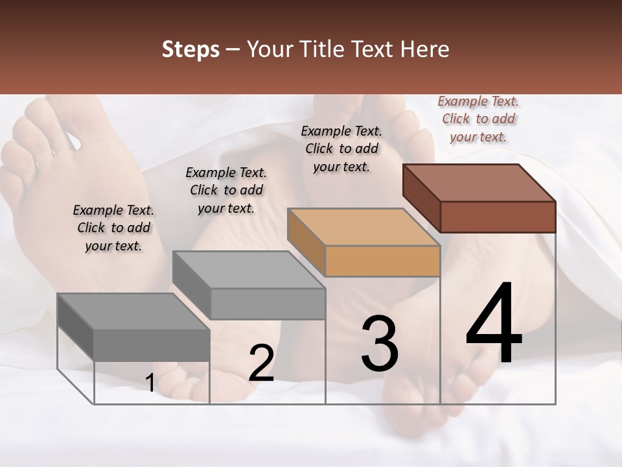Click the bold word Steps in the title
(x=190, y=49)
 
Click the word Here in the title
(x=425, y=49)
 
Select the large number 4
(x=494, y=324)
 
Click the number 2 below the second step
(x=261, y=363)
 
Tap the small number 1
(x=150, y=383)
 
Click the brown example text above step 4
(x=478, y=119)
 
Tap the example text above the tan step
(x=341, y=149)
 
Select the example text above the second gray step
(x=226, y=190)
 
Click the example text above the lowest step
(x=113, y=228)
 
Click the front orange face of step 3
(x=382, y=261)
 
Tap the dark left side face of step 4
(x=421, y=198)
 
